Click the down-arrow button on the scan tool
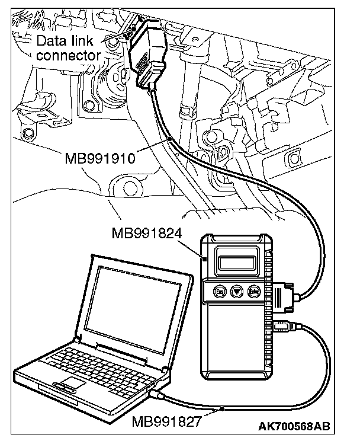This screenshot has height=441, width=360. (237, 292)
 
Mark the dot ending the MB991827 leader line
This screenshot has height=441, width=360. (221, 408)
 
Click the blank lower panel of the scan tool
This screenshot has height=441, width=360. (237, 350)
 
